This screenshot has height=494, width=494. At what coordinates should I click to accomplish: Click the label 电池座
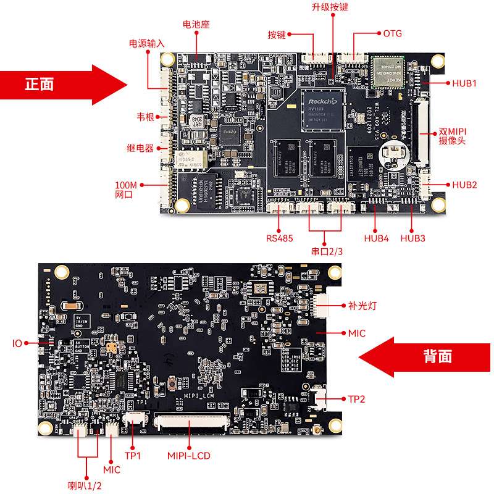tap(196, 25)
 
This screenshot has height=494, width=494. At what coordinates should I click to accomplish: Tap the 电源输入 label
tap(146, 44)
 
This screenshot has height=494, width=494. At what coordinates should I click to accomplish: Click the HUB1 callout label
tap(464, 83)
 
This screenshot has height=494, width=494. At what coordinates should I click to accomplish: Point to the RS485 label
tap(280, 238)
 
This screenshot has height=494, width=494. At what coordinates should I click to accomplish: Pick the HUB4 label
tap(376, 238)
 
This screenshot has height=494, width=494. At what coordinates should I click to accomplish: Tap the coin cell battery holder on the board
tap(393, 150)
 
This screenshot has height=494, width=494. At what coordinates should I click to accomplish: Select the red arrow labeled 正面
tap(59, 84)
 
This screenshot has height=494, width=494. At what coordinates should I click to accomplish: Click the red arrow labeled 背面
tap(426, 356)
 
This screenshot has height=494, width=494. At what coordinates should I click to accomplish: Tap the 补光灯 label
tap(362, 304)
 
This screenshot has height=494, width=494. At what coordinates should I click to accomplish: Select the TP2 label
tap(356, 399)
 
